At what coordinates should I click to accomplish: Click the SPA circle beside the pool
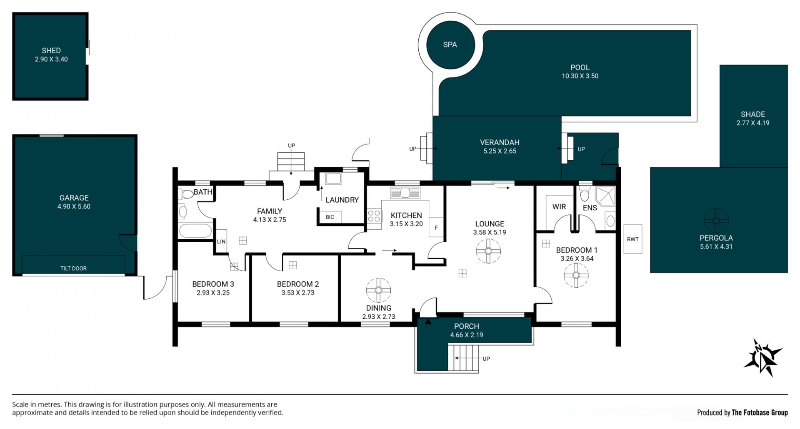point(450,45)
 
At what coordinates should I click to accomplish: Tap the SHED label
point(51,50)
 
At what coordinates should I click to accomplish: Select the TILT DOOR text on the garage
point(73,268)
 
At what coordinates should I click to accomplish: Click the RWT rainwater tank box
point(632,239)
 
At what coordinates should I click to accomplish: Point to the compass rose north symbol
point(763,357)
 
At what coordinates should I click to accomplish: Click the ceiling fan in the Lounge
point(488,251)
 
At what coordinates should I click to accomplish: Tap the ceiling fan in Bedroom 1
point(576,275)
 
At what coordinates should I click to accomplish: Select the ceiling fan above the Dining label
point(378,290)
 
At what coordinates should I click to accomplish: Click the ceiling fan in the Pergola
point(716,221)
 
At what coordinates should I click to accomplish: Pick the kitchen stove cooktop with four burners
point(374,216)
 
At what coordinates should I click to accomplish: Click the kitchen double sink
point(405,193)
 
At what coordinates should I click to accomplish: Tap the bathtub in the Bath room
point(195,231)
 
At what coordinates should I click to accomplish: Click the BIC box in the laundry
point(330,217)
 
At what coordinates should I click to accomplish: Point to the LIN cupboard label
point(221,241)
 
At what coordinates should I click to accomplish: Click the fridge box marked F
point(436,227)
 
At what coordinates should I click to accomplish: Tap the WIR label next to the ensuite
point(559,207)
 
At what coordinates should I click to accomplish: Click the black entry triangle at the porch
point(428,321)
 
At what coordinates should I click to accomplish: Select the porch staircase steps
point(464,358)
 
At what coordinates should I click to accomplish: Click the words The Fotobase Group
point(760,412)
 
